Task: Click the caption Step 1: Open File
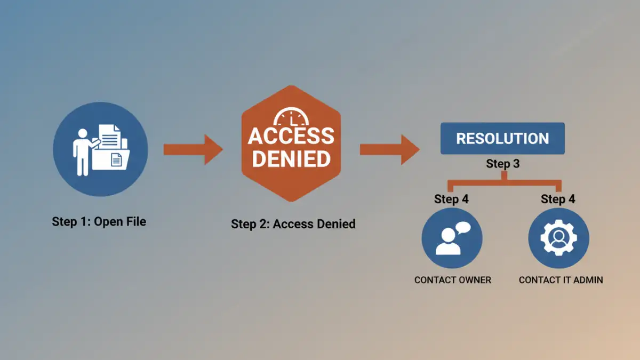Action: [99, 221]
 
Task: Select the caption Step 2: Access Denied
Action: [293, 223]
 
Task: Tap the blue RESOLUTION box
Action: [502, 139]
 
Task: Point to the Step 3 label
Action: [502, 164]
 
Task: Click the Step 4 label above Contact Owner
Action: [451, 199]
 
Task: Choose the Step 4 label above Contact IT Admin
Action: [558, 199]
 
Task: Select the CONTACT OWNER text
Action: [452, 280]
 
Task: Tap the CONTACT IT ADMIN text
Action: [561, 280]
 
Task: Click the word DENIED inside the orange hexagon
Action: [291, 158]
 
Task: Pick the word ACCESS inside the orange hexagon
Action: [291, 136]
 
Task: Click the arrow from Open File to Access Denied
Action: [193, 149]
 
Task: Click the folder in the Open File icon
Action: [112, 157]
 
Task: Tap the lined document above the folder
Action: [110, 138]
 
